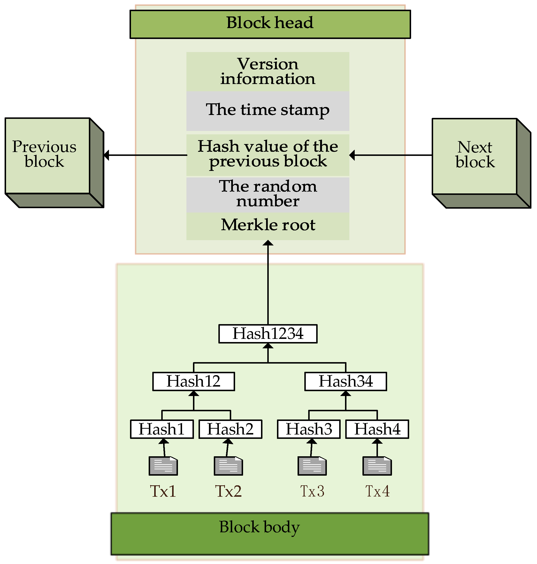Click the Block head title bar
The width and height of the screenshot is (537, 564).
pos(270,24)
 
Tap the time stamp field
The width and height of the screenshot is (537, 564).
pos(268,110)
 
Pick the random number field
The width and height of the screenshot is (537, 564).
pos(268,195)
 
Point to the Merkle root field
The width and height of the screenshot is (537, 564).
pos(268,226)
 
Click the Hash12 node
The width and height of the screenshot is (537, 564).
pos(193,381)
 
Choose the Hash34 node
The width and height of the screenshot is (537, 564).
pos(345,381)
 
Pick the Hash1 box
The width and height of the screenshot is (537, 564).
pos(162,429)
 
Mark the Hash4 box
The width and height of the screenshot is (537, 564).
pos(377,429)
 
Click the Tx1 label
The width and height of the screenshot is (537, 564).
pos(163,491)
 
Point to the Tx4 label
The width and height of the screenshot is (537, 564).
pos(377,491)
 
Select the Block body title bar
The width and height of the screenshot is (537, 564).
pos(270,534)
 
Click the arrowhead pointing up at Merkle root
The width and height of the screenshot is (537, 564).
pos(268,243)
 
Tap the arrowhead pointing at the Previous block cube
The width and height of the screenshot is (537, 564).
pos(107,155)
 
